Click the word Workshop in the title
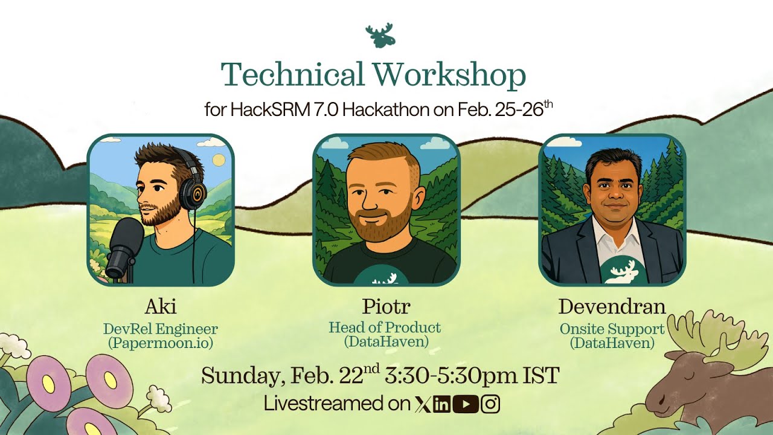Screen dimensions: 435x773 click(449, 75)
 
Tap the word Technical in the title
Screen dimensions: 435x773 click(292, 75)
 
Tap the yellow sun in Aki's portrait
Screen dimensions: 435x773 click(219, 160)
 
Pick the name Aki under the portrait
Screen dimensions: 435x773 click(160, 307)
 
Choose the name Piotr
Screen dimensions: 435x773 click(385, 307)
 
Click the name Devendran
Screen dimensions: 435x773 click(612, 307)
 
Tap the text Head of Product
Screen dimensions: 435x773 click(385, 328)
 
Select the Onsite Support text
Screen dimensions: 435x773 click(612, 329)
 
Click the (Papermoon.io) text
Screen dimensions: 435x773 click(160, 343)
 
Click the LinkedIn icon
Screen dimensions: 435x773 click(441, 404)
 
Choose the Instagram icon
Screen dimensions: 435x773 click(490, 404)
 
